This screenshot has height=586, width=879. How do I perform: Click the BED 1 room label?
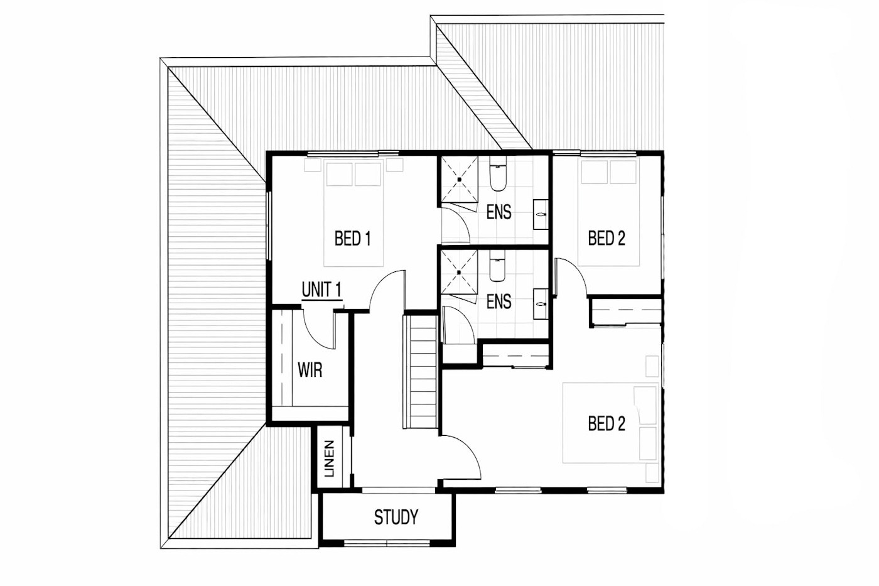pyautogui.click(x=352, y=239)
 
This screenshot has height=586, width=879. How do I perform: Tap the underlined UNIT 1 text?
pyautogui.click(x=321, y=290)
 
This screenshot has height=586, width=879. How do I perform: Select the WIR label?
pyautogui.click(x=310, y=370)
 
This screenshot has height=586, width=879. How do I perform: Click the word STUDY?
pyautogui.click(x=396, y=518)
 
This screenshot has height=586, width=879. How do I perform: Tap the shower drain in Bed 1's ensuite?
pyautogui.click(x=459, y=180)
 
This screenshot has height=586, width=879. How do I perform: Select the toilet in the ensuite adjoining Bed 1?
pyautogui.click(x=497, y=176)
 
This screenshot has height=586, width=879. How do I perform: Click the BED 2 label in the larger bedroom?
pyautogui.click(x=607, y=424)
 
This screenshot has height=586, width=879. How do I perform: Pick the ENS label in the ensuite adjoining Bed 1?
pyautogui.click(x=499, y=212)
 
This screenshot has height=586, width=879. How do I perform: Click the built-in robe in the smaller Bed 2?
pyautogui.click(x=626, y=313)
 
